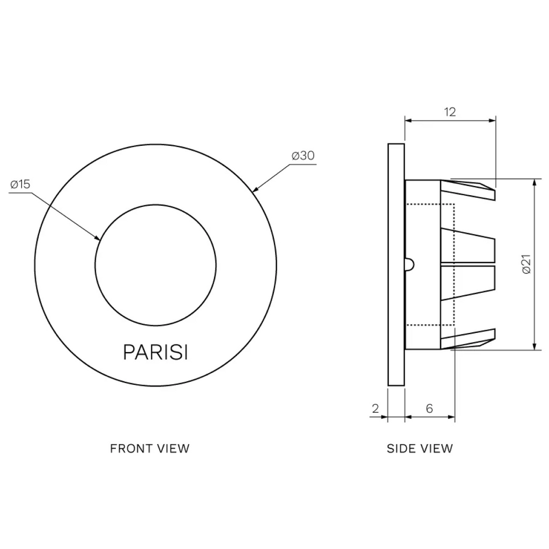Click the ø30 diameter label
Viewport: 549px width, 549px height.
pyautogui.click(x=303, y=156)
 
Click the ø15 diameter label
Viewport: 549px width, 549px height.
pyautogui.click(x=20, y=184)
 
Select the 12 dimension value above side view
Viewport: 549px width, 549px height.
pyautogui.click(x=450, y=112)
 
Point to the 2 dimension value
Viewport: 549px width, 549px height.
pyautogui.click(x=375, y=408)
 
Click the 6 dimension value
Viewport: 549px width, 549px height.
pyautogui.click(x=429, y=408)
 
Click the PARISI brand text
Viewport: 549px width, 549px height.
pyautogui.click(x=155, y=352)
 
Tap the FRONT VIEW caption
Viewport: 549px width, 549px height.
pyautogui.click(x=150, y=448)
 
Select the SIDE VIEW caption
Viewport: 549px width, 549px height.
pyautogui.click(x=420, y=448)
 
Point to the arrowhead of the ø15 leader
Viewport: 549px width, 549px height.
pyautogui.click(x=98, y=239)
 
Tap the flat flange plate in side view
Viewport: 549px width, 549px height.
pyautogui.click(x=395, y=264)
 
